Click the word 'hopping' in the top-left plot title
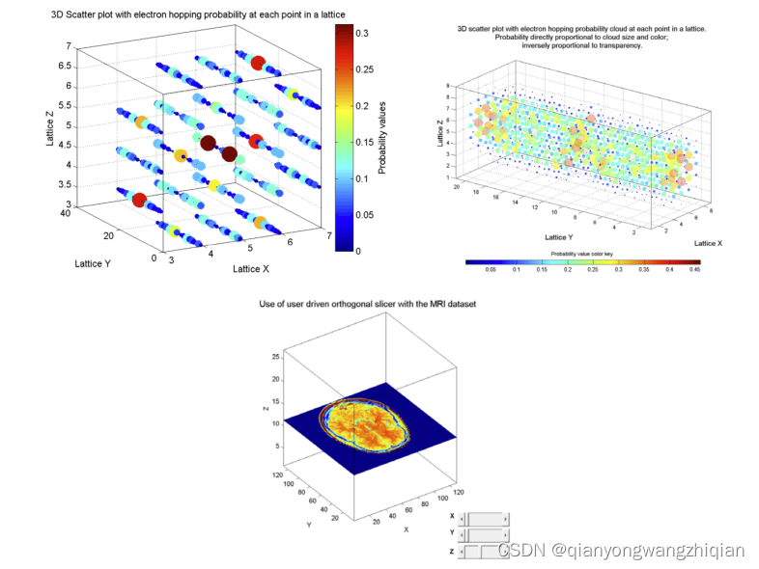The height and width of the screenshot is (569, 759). click(x=170, y=14)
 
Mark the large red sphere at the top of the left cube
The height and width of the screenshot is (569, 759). click(x=258, y=63)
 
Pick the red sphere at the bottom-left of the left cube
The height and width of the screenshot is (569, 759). click(x=139, y=200)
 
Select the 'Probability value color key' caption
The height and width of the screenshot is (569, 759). click(x=582, y=253)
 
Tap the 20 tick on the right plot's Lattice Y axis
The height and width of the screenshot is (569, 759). click(x=475, y=189)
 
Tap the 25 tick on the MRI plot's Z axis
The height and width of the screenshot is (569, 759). click(x=276, y=357)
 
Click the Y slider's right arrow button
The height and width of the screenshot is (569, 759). click(x=505, y=533)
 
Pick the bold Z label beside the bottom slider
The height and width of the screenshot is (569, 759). click(x=452, y=551)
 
